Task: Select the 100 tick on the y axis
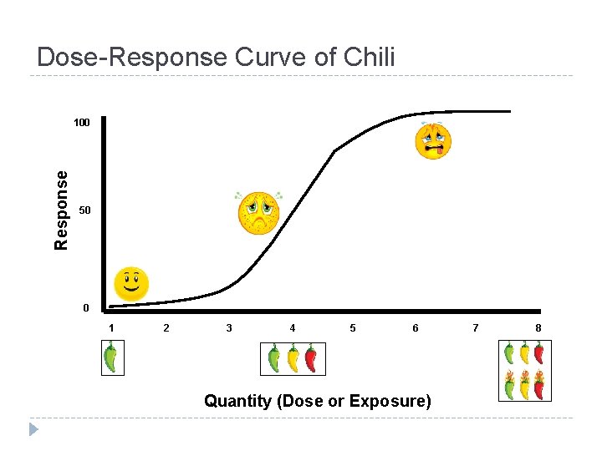click(x=81, y=123)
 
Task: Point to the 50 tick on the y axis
click(x=84, y=210)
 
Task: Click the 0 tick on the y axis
click(x=85, y=308)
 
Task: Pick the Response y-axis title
click(x=61, y=210)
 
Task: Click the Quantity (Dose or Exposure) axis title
click(x=318, y=402)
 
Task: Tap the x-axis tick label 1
click(x=111, y=328)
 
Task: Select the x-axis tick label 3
click(x=229, y=328)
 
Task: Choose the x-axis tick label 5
click(x=353, y=328)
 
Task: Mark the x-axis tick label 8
click(x=538, y=328)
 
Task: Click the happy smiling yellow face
click(x=131, y=284)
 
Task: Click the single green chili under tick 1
click(x=110, y=359)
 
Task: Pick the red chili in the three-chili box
click(x=311, y=359)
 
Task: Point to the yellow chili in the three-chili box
click(x=293, y=359)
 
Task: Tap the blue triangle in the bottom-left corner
click(x=33, y=430)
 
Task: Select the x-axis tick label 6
click(x=416, y=328)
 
